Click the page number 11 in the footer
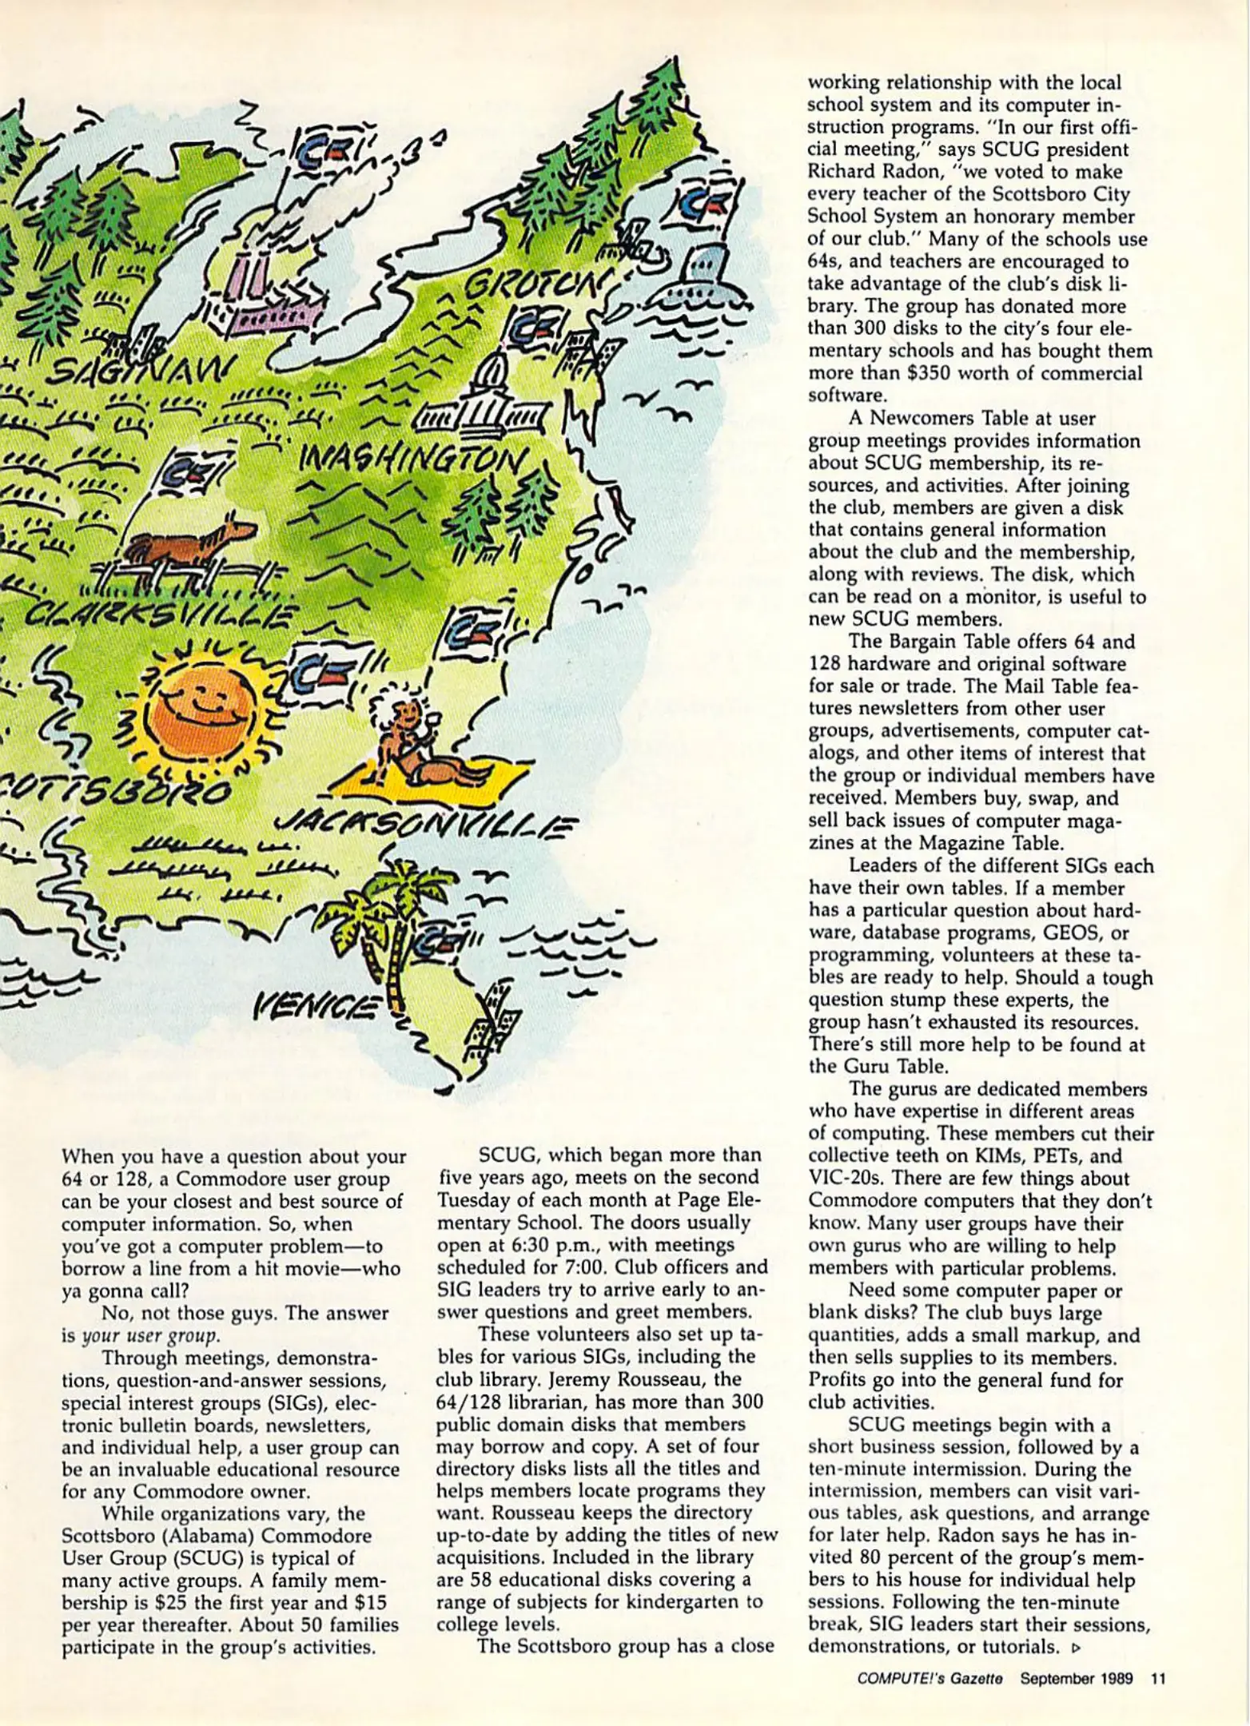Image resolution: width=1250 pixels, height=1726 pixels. click(1157, 1679)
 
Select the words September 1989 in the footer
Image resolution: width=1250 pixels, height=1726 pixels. click(1076, 1679)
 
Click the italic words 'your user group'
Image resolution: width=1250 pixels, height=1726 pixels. click(149, 1335)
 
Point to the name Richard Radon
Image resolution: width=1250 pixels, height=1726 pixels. click(872, 172)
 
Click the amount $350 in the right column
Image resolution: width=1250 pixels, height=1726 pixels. click(949, 373)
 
